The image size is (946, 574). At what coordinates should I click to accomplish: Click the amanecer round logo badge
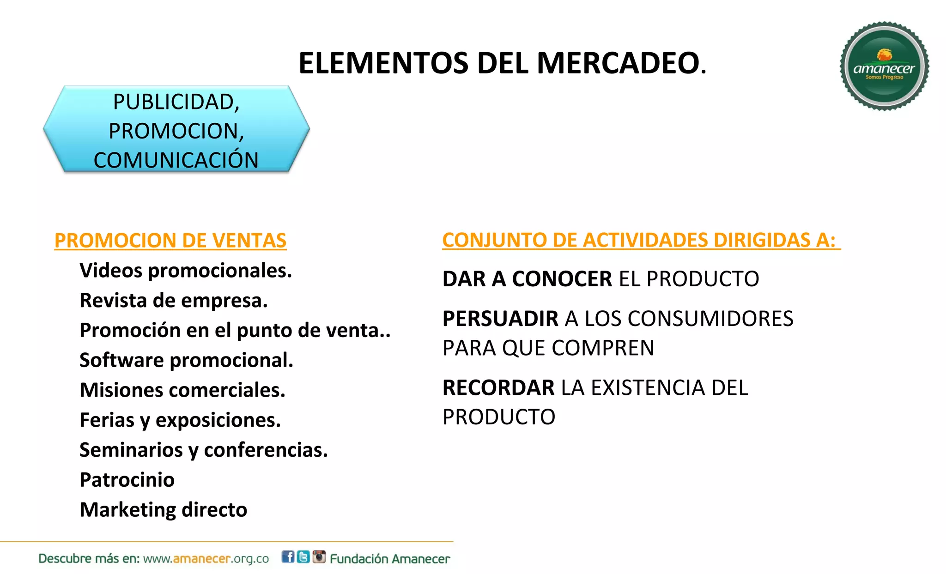(884, 66)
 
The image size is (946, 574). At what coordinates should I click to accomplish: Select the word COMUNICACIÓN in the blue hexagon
(176, 160)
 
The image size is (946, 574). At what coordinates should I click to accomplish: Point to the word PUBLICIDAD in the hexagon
(175, 102)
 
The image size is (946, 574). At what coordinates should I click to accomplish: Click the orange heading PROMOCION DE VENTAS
(170, 241)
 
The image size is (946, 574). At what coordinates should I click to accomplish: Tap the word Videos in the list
(111, 270)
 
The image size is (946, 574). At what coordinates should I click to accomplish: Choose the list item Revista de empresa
(173, 301)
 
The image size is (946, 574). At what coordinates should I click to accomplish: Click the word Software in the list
(121, 360)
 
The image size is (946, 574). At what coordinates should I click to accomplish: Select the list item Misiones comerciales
(182, 390)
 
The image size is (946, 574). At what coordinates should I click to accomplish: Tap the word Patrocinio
(127, 480)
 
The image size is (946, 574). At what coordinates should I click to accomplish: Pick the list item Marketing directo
(163, 510)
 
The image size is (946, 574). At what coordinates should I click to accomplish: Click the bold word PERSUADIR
(500, 319)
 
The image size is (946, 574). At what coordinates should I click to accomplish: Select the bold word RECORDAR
(498, 388)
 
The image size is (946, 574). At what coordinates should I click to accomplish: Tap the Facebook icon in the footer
(288, 557)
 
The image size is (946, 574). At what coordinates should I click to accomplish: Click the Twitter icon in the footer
(303, 557)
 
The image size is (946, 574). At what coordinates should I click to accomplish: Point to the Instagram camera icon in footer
(319, 557)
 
